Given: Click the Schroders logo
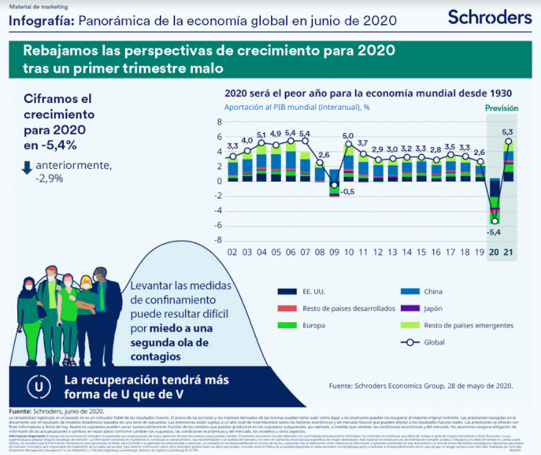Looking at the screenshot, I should (490, 16).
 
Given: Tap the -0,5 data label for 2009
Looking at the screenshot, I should (347, 191).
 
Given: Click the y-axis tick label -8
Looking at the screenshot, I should (220, 240).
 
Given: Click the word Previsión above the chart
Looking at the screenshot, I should (501, 108).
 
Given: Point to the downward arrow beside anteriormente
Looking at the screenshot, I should (27, 167).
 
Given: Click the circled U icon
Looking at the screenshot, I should (43, 386).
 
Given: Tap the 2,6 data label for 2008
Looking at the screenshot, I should (323, 155).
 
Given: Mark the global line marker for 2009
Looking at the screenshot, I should (334, 185).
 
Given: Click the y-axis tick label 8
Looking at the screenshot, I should (220, 122).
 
